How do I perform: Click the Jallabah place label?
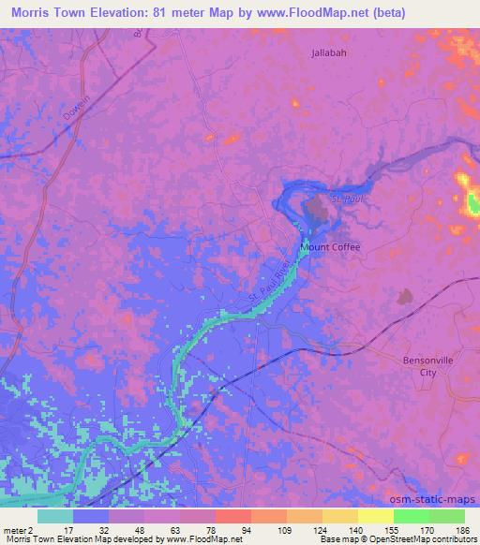coord(328,53)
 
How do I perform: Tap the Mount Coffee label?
coord(329,247)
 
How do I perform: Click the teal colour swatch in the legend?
coord(55,516)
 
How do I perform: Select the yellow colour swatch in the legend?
coord(376,516)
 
